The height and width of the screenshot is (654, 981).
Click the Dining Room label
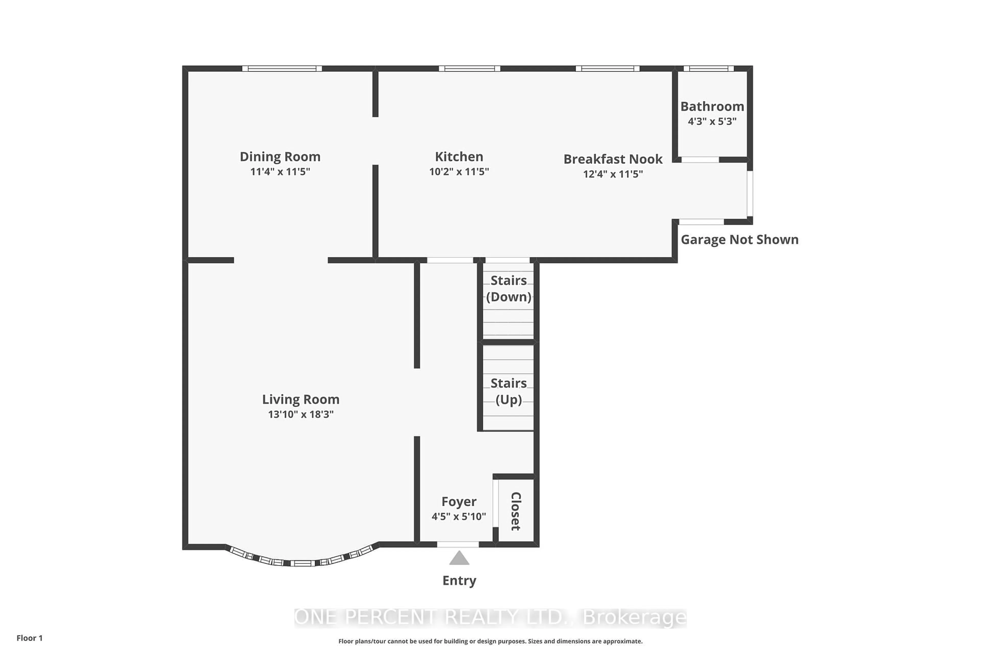click(280, 157)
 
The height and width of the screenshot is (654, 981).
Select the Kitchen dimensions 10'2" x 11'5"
click(459, 171)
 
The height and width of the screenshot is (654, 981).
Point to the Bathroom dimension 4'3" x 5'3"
click(712, 121)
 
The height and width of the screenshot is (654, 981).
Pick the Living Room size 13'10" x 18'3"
click(300, 414)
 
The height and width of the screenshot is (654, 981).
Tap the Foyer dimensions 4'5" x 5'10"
click(458, 516)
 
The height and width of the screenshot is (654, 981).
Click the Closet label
click(516, 511)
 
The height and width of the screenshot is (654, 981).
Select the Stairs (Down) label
click(508, 288)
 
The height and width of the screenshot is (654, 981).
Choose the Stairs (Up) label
click(508, 391)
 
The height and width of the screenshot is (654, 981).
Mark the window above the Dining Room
click(282, 68)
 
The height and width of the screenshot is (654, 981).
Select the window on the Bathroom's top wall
click(708, 68)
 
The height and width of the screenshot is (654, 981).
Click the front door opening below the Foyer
click(458, 544)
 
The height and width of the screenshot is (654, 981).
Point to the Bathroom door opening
click(700, 160)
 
